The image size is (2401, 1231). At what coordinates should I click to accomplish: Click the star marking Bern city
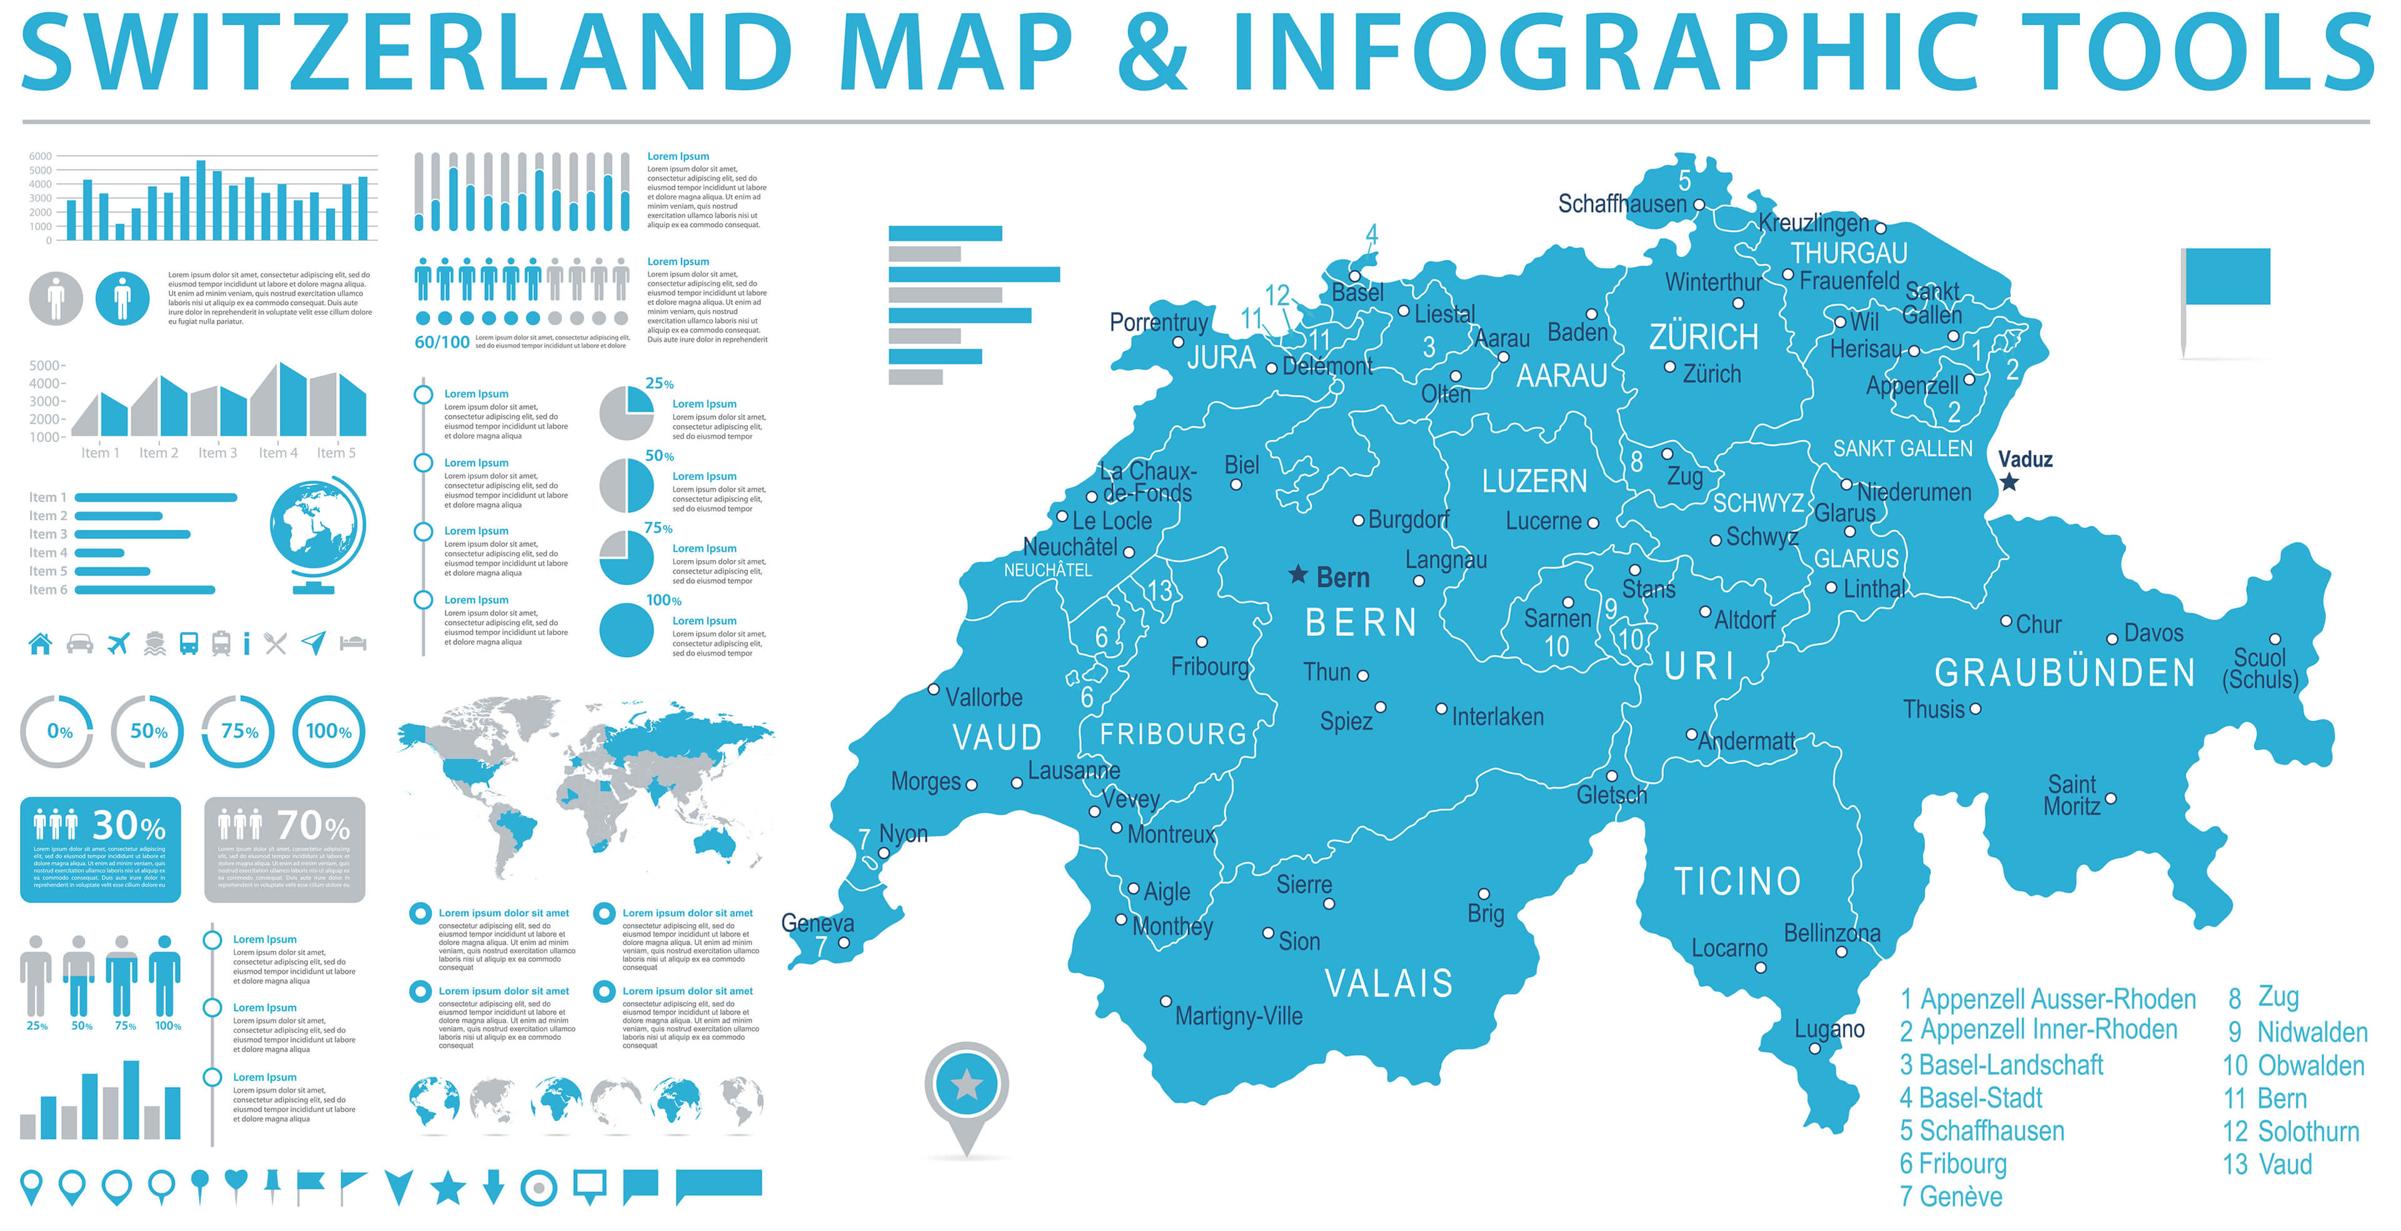(x=1297, y=575)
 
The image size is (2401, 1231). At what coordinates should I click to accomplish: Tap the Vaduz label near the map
(x=2025, y=460)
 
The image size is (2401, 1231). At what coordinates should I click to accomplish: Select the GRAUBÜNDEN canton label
(x=2065, y=673)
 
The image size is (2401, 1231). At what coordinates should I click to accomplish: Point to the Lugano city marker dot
(x=1814, y=1048)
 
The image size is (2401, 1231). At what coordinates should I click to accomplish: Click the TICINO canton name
(x=1738, y=882)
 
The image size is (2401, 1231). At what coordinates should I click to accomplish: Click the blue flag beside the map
(x=2227, y=277)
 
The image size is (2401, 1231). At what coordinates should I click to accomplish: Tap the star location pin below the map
(x=967, y=1085)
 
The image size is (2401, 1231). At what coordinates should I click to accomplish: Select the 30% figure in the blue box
(x=129, y=826)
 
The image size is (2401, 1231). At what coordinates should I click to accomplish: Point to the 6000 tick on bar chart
(x=40, y=156)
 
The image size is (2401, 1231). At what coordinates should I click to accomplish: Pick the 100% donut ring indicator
(x=329, y=731)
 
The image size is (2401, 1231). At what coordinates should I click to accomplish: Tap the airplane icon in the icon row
(x=118, y=643)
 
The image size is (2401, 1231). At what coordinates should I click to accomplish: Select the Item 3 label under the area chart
(x=217, y=453)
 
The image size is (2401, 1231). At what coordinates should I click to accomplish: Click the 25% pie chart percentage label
(x=659, y=384)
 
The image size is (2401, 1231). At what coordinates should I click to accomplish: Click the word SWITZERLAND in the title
(x=407, y=53)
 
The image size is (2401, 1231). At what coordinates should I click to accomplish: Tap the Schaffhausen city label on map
(x=1622, y=204)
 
